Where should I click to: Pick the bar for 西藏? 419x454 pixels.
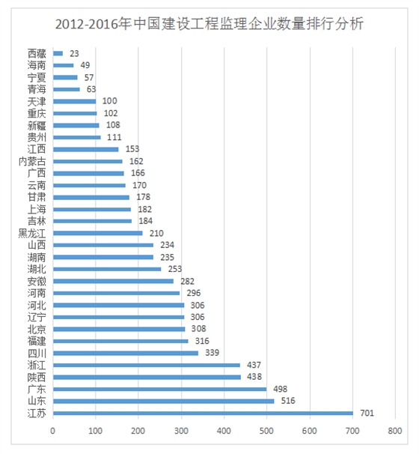58,53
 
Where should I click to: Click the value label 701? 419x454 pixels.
366,413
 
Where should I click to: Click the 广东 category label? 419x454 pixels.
36,389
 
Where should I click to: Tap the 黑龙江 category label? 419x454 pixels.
32,233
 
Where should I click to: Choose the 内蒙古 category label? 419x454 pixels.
32,161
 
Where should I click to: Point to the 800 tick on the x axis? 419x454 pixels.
395,432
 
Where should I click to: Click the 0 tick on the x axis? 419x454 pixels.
52,432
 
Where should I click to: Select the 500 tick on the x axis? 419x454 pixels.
266,432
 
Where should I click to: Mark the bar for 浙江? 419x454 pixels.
146,365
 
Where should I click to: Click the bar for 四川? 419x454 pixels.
125,353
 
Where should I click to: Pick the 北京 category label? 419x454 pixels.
36,329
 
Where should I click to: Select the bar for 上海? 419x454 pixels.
91,209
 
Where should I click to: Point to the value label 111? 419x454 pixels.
114,137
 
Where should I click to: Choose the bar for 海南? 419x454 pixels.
63,65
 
